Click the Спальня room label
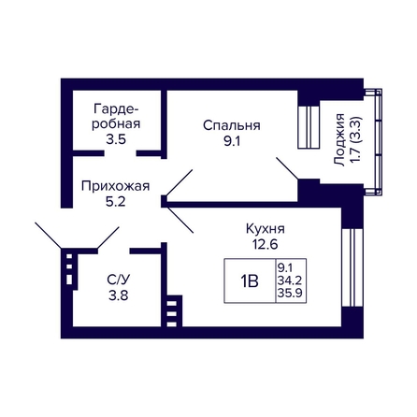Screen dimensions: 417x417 coord(232,125)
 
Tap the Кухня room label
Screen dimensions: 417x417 coord(266,229)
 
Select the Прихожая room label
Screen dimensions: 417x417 coord(115,186)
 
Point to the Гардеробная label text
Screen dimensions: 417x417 coord(116,117)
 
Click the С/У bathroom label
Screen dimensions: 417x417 coord(119,280)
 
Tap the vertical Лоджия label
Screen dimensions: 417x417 coord(339,140)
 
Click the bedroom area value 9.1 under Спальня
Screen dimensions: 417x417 coord(232,141)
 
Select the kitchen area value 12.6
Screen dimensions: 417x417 coord(266,244)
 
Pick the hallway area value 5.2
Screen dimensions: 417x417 coord(115,202)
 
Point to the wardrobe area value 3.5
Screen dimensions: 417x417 coord(116,139)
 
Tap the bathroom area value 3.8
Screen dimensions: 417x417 coord(119,295)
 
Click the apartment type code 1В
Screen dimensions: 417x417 coord(250,281)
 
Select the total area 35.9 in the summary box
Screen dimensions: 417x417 coord(290,294)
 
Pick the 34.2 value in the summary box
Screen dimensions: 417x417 coord(290,280)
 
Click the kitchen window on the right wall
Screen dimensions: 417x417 coord(352,267)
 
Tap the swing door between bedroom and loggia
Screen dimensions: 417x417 coord(287,168)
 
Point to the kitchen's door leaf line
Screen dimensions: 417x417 coord(180,220)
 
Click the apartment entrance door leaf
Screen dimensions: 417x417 coord(49,236)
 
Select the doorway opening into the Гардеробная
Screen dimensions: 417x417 coord(120,153)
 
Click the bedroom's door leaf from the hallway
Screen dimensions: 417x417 coord(180,183)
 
